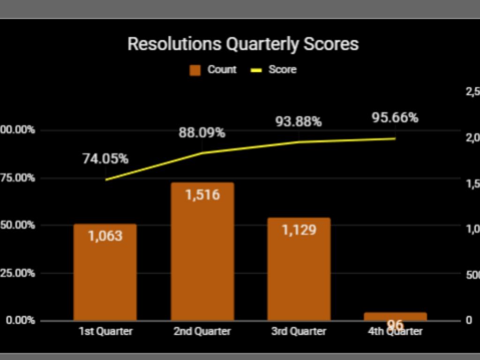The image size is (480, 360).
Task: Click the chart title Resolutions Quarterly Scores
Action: pos(243,44)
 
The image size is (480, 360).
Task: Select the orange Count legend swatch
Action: pos(195,70)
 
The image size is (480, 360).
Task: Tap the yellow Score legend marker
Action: pos(256,70)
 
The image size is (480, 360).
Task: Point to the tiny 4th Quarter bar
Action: pos(395,316)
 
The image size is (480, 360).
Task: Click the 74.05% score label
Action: pos(105,159)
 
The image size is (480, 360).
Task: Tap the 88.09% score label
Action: pos(202,133)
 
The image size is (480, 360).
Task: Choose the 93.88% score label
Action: pos(298,122)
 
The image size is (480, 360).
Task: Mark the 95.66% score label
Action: pos(395,118)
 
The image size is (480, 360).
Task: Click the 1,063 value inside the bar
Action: pos(105,236)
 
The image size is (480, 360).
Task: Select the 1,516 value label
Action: pos(202,195)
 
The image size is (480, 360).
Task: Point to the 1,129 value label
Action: pos(299,230)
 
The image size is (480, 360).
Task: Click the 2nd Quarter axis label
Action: pos(202,331)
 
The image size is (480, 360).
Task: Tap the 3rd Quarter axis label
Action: pos(299,331)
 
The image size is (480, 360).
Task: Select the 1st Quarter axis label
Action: pos(105,331)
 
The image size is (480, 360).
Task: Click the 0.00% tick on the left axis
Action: pos(18,320)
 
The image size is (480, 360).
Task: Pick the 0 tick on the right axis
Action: pos(469,320)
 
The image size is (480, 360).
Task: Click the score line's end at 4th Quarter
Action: pos(395,138)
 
